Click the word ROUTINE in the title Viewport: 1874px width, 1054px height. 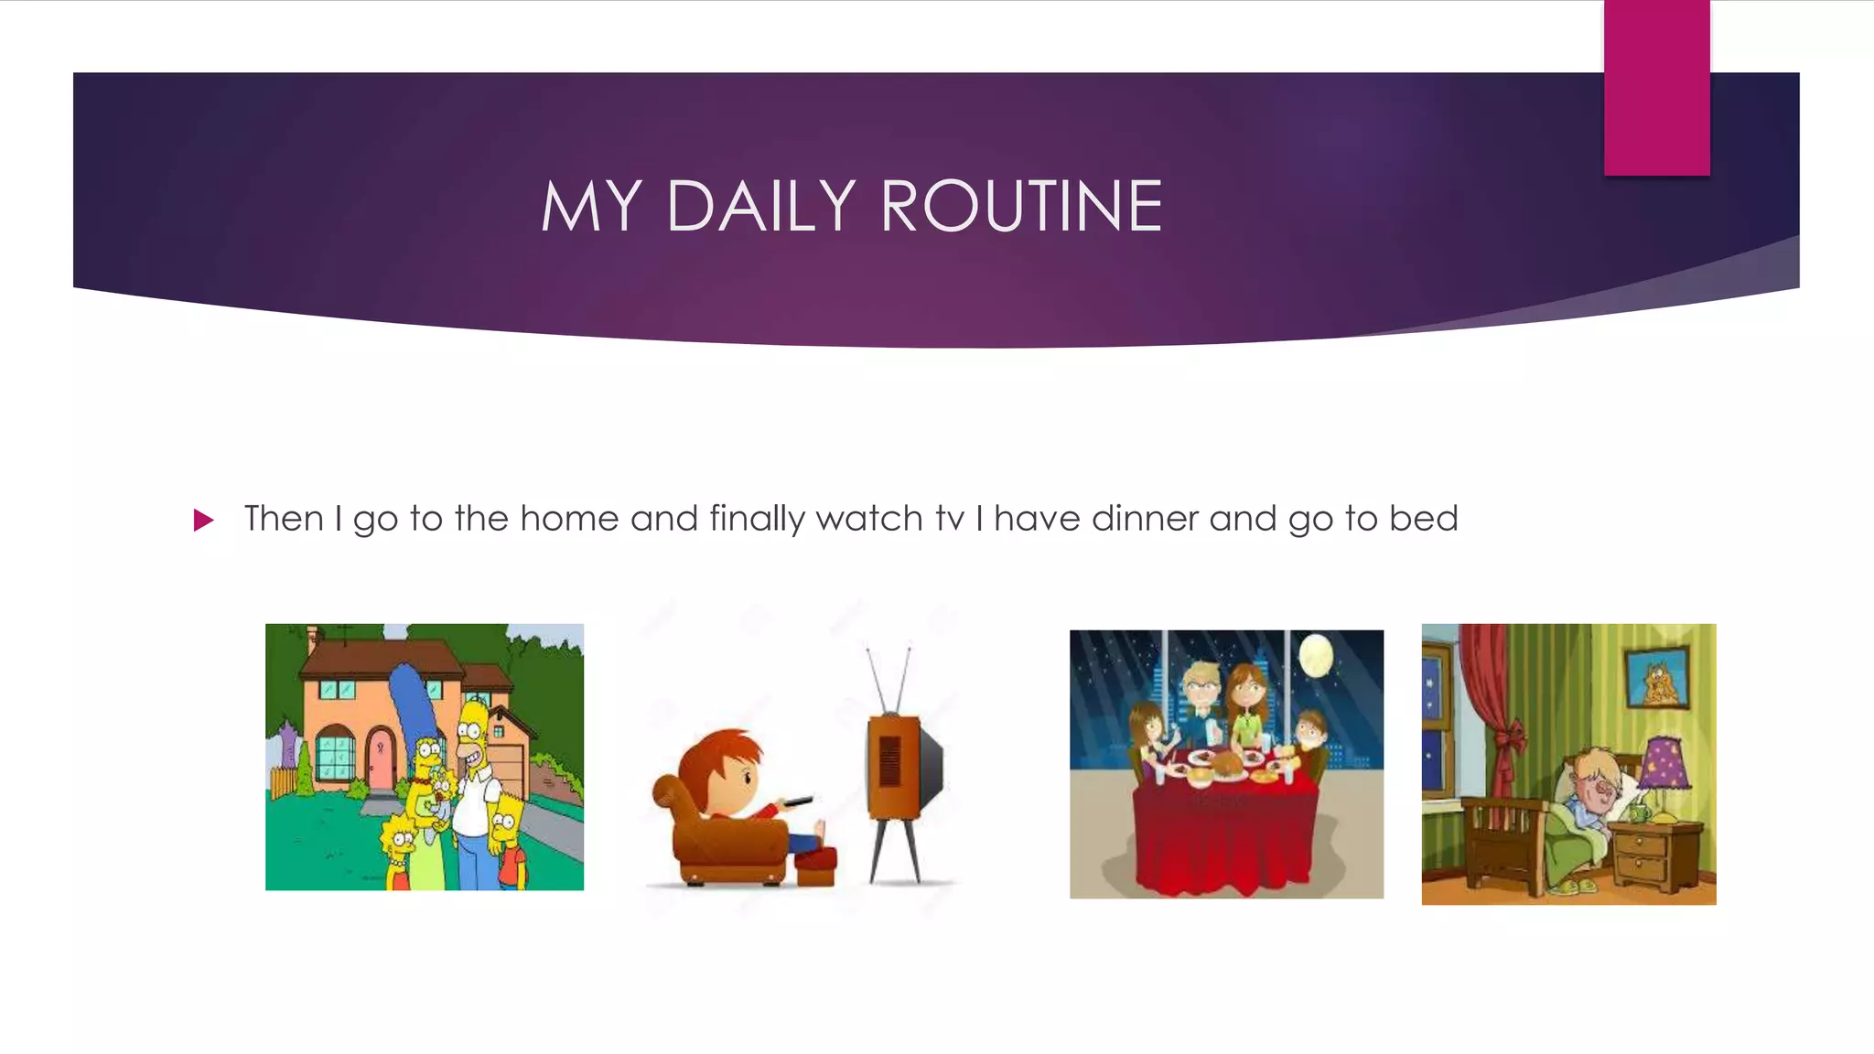pos(1021,207)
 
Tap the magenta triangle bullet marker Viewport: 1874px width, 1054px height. pos(203,521)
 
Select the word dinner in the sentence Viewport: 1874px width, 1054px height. pos(1145,519)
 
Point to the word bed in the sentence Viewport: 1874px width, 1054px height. pos(1423,519)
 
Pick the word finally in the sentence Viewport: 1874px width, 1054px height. pos(757,519)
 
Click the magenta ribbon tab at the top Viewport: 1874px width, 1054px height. pos(1656,88)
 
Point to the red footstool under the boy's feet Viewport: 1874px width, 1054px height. pos(814,866)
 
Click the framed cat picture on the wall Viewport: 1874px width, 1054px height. pos(1657,678)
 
